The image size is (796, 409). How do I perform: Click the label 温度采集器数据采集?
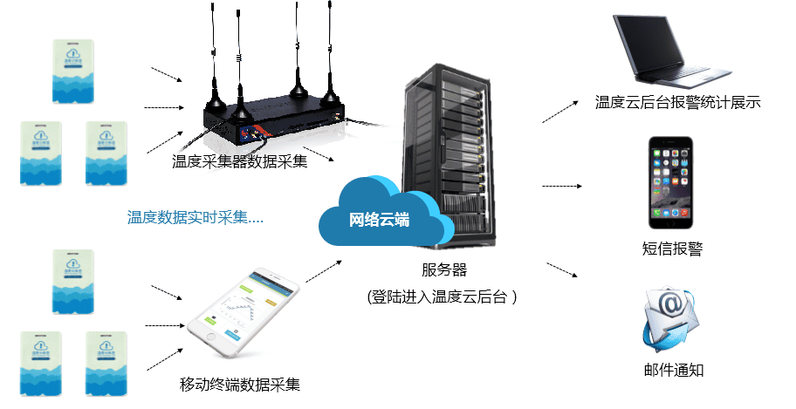click(x=239, y=161)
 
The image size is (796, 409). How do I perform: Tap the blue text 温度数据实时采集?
click(x=196, y=218)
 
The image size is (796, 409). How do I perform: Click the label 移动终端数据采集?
click(x=239, y=384)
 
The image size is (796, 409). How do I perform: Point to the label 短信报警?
click(x=672, y=249)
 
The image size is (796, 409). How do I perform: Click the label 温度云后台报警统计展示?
click(x=678, y=102)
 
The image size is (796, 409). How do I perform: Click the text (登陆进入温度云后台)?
click(x=443, y=297)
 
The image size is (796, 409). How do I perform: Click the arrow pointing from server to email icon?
click(x=562, y=269)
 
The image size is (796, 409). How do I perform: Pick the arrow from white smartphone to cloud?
click(x=323, y=269)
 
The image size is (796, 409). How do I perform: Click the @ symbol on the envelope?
click(x=671, y=306)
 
